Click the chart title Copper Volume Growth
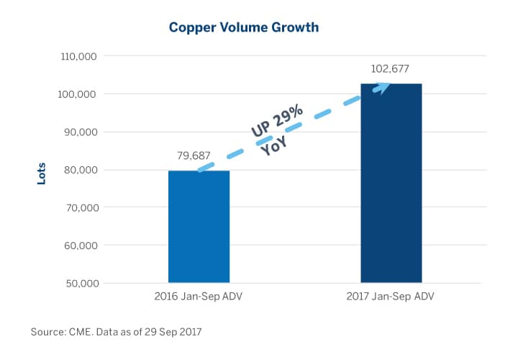click(243, 28)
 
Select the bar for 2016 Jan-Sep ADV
click(199, 226)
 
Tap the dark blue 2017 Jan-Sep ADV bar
click(391, 183)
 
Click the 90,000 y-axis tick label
click(79, 132)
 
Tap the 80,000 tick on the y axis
click(79, 170)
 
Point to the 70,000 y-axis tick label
click(79, 207)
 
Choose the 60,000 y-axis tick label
click(79, 246)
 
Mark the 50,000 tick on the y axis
click(79, 283)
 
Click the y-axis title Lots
click(41, 173)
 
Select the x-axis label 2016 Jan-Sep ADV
click(199, 297)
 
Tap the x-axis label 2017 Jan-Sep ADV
click(391, 297)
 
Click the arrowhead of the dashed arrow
click(382, 88)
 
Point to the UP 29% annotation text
click(278, 120)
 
